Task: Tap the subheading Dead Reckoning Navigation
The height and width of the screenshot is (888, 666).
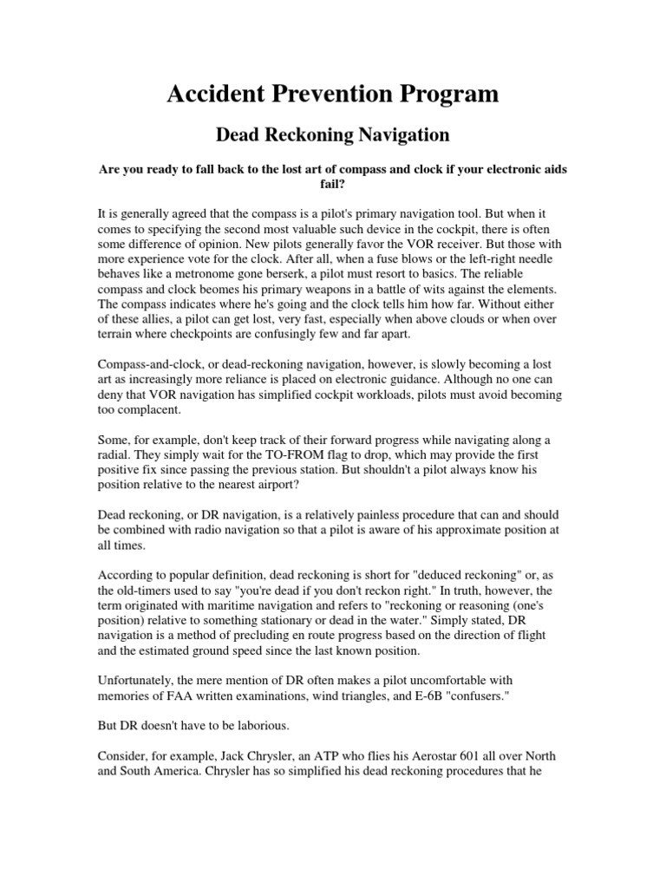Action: pyautogui.click(x=332, y=134)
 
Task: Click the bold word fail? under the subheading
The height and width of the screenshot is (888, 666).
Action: pyautogui.click(x=333, y=184)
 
